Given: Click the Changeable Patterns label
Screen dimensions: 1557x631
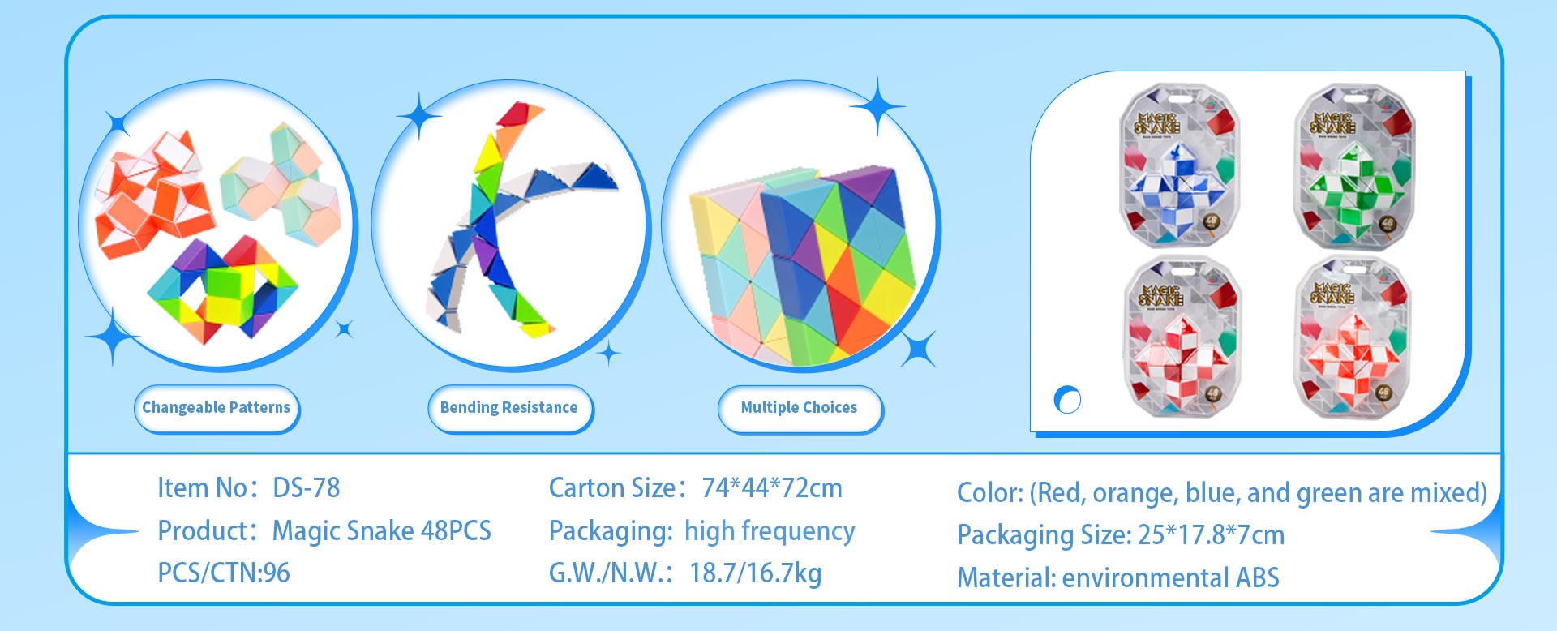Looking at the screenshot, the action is pyautogui.click(x=217, y=408).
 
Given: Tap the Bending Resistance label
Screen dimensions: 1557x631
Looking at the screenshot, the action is pyautogui.click(x=509, y=408).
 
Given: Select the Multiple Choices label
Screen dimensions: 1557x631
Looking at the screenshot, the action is pyautogui.click(x=800, y=408).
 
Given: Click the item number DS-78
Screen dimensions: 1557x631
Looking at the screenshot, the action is pyautogui.click(x=307, y=487).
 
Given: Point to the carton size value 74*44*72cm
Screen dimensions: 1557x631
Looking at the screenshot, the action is pyautogui.click(x=772, y=487).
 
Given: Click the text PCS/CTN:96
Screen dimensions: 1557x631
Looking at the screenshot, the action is pyautogui.click(x=224, y=573).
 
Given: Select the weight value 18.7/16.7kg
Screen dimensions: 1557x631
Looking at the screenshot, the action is pyautogui.click(x=756, y=573).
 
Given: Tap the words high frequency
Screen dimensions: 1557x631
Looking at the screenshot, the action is pyautogui.click(x=770, y=531).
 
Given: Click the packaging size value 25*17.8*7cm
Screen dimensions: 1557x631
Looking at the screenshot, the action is pyautogui.click(x=1212, y=535).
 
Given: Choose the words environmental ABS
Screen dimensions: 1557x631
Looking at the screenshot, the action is pyautogui.click(x=1170, y=577).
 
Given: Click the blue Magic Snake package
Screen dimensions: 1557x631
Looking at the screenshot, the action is pyautogui.click(x=1180, y=166).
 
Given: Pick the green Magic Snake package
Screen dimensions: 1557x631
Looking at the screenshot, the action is pyautogui.click(x=1354, y=166).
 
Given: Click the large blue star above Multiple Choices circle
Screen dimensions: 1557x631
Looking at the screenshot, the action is pyautogui.click(x=877, y=106).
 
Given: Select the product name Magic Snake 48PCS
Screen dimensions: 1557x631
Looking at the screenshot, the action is pyautogui.click(x=382, y=530).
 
